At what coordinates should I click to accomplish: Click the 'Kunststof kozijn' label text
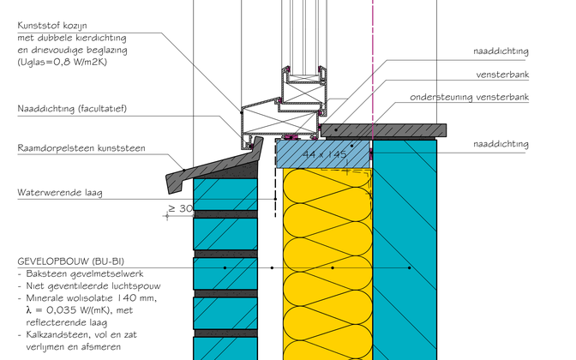[x=51, y=27]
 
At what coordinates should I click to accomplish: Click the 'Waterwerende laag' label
[x=59, y=193]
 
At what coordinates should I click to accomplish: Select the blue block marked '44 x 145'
[x=322, y=154]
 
